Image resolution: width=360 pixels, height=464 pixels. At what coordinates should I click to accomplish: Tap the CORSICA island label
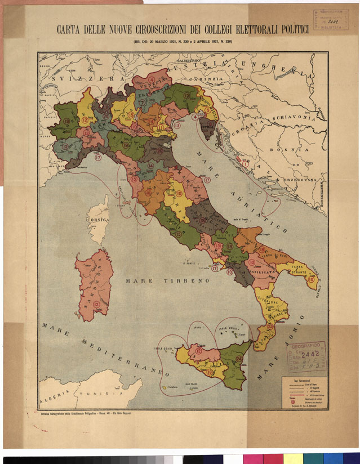click(97, 220)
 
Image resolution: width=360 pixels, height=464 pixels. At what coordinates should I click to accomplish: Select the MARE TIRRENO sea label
click(167, 280)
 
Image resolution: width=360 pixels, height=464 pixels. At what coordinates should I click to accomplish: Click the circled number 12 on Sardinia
click(97, 305)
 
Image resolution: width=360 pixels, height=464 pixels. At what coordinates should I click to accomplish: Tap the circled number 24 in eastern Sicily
click(239, 359)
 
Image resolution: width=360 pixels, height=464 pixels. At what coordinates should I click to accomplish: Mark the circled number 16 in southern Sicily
click(210, 372)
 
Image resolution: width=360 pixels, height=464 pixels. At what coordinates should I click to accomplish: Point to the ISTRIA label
click(208, 128)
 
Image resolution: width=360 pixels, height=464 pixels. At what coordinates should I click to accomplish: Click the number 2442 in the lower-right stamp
click(310, 354)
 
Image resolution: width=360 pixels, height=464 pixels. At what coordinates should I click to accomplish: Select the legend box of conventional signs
click(303, 391)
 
